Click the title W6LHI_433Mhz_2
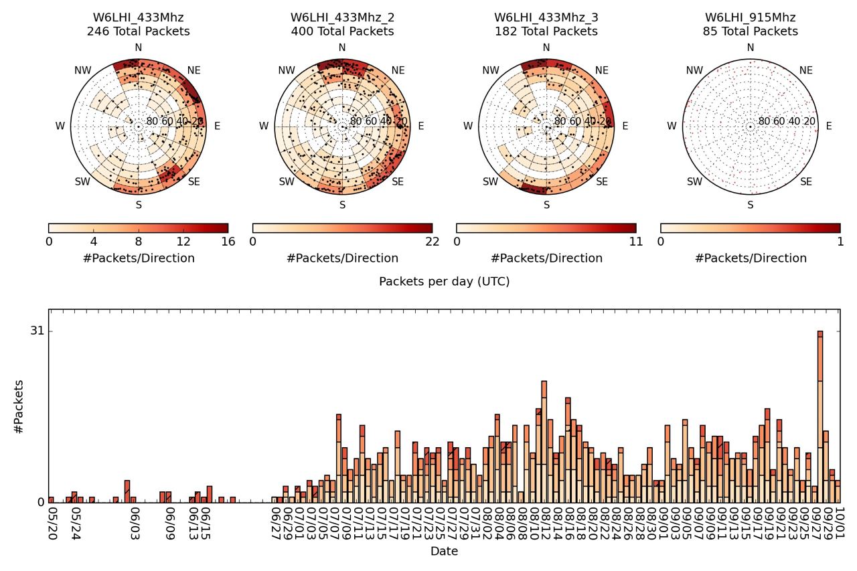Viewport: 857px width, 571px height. (x=342, y=17)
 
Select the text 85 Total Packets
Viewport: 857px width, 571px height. (x=750, y=31)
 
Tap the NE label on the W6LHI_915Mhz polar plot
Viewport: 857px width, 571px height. (x=805, y=70)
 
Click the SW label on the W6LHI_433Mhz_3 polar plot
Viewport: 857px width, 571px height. (x=491, y=182)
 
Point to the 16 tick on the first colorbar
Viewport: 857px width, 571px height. (x=228, y=242)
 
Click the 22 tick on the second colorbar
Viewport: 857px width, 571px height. (x=433, y=242)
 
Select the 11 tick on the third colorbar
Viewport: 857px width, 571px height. (x=636, y=242)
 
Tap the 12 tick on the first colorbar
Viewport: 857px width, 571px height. (x=183, y=242)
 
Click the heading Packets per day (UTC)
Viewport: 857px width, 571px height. (x=444, y=282)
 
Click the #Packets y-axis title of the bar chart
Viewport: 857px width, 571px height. (x=19, y=406)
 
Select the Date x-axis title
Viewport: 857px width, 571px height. (x=444, y=552)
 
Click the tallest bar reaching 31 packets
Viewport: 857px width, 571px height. (x=820, y=415)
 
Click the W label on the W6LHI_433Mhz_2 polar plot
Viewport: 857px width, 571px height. (x=264, y=126)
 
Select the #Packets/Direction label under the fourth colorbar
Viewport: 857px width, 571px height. (x=750, y=258)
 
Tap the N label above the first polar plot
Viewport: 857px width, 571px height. (x=139, y=48)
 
